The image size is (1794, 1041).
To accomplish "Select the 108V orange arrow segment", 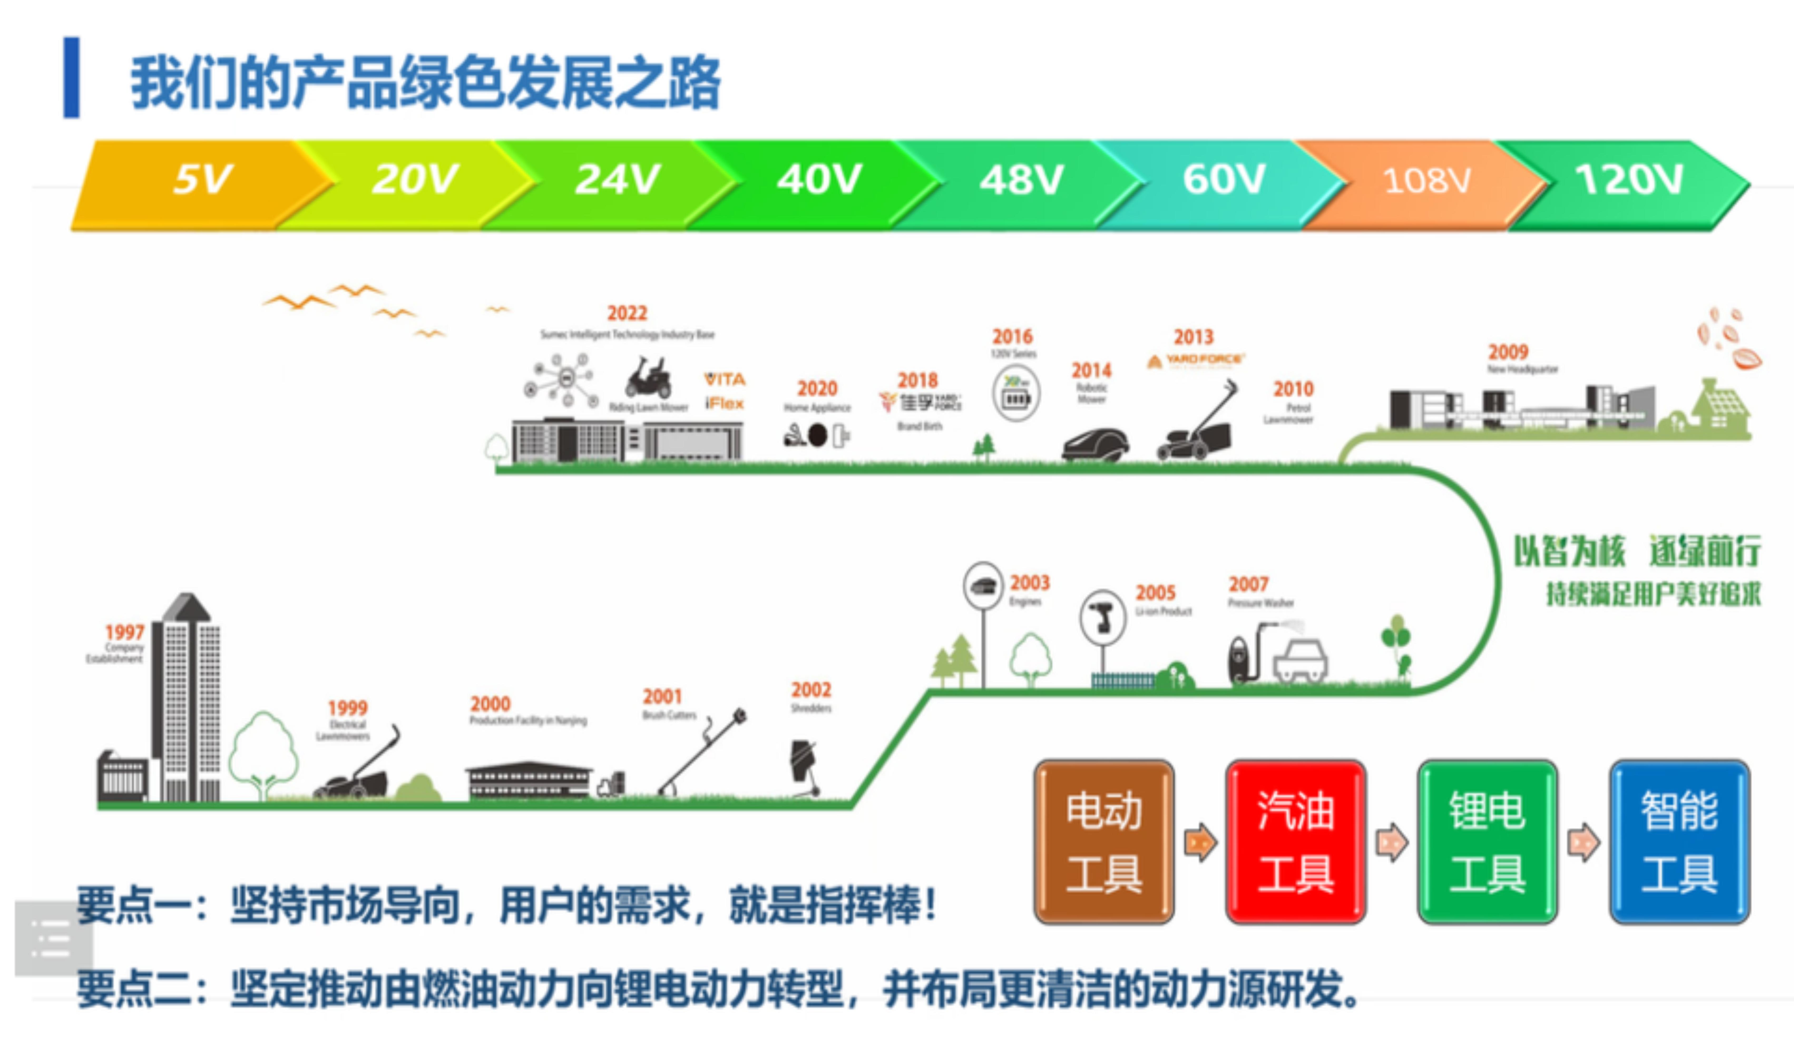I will pos(1426,182).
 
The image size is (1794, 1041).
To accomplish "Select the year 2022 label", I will pos(627,313).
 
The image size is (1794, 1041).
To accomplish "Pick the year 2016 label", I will pos(1012,336).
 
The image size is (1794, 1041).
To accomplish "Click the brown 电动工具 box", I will pos(1103,842).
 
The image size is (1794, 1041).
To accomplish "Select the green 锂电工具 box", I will pos(1487,842).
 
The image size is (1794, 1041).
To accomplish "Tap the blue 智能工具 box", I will pos(1679,842).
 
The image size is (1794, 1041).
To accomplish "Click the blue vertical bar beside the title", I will pos(71,77).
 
